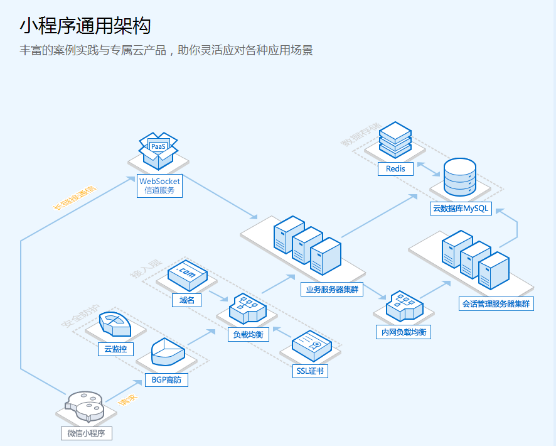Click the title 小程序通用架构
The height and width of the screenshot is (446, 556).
(85, 26)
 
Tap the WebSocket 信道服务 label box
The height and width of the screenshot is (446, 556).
(159, 186)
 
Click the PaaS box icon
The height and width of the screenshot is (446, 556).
(158, 150)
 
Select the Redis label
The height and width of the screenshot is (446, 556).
(395, 168)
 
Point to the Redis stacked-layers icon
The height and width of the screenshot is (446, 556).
(395, 139)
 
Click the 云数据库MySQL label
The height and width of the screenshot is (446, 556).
(460, 209)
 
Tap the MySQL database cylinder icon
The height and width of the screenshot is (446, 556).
(459, 177)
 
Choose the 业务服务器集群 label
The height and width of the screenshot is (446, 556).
(332, 290)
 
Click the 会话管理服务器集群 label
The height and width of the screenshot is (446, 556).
(496, 304)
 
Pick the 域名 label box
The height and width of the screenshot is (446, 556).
(186, 300)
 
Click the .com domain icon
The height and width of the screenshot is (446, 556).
(187, 273)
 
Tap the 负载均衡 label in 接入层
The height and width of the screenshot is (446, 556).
(249, 335)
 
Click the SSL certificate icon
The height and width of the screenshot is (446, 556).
(311, 344)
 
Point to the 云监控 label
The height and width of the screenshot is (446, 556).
(115, 349)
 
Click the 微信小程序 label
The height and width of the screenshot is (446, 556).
(87, 433)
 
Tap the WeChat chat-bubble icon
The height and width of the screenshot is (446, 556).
(85, 405)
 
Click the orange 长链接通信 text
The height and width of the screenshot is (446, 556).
(75, 197)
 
